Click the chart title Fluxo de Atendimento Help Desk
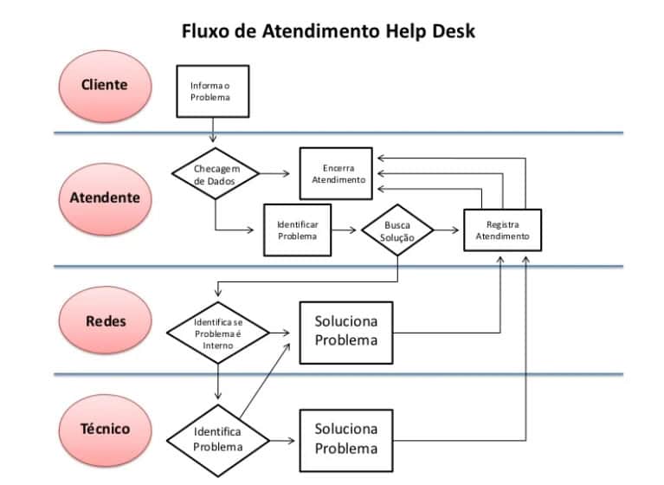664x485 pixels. tap(328, 31)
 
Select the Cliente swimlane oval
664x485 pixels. tap(104, 85)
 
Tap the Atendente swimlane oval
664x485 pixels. tap(104, 197)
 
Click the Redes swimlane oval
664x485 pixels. tap(105, 321)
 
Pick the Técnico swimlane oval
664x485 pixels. tap(105, 429)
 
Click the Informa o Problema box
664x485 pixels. tap(212, 91)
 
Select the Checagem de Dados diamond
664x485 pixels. tap(214, 174)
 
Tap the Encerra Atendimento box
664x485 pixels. tap(336, 174)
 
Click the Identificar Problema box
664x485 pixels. tap(297, 230)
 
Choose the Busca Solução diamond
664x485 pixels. tap(397, 231)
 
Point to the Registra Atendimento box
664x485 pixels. tap(502, 230)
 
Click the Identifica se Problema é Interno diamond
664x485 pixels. tap(217, 333)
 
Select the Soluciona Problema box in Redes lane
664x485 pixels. tap(345, 332)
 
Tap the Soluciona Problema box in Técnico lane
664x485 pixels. tap(345, 439)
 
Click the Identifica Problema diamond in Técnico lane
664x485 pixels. tap(217, 439)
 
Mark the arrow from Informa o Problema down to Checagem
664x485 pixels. tap(212, 128)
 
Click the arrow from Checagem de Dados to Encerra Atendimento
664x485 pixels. tap(275, 174)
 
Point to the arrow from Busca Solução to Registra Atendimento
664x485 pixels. tap(447, 230)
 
